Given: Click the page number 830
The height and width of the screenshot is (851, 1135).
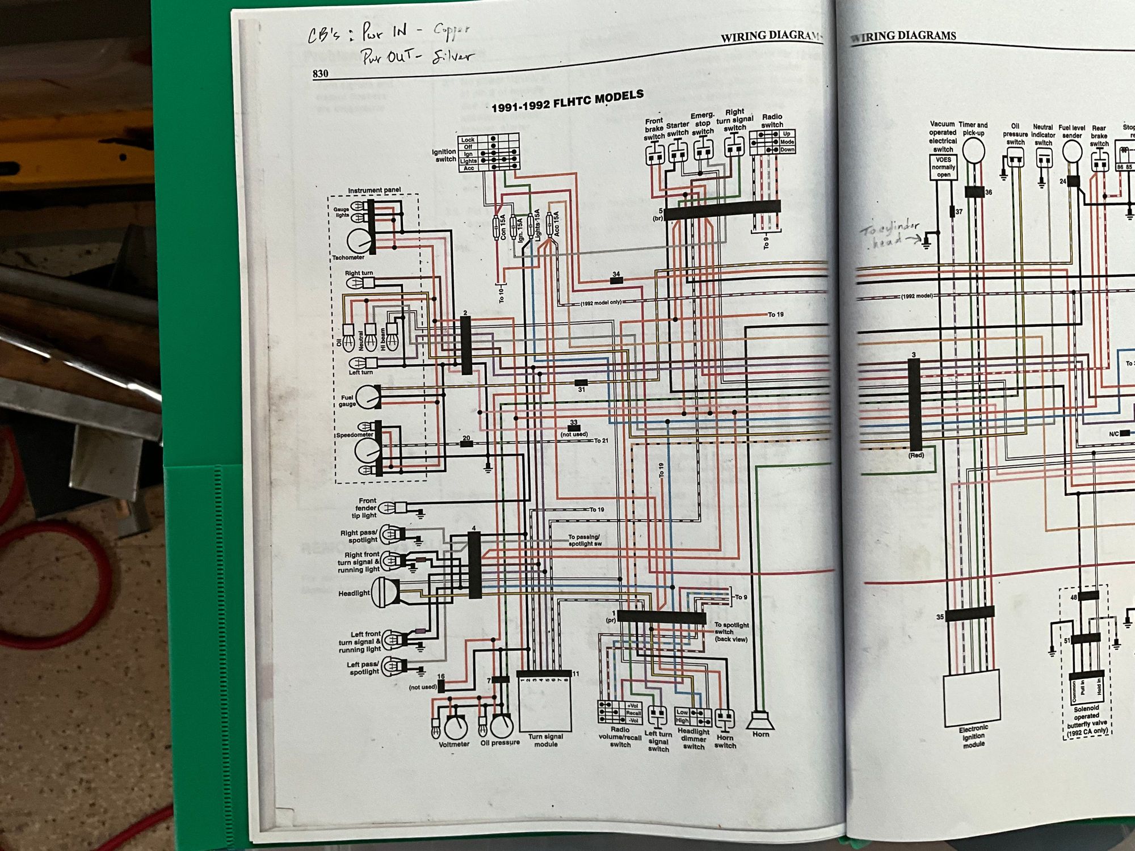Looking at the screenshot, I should pyautogui.click(x=320, y=74).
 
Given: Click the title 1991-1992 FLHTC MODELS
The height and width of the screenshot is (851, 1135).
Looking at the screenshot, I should pyautogui.click(x=567, y=102).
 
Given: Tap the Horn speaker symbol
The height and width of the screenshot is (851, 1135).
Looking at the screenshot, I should pyautogui.click(x=760, y=722).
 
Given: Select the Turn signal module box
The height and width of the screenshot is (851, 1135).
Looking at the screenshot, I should pyautogui.click(x=545, y=703).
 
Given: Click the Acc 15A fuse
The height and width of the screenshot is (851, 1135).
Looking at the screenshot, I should pyautogui.click(x=549, y=224).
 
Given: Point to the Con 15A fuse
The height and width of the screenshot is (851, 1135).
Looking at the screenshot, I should pyautogui.click(x=500, y=227).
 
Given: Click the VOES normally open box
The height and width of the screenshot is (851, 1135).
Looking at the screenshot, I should pyautogui.click(x=943, y=167).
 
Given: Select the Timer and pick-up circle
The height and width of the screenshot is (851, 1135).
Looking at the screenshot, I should pyautogui.click(x=973, y=151).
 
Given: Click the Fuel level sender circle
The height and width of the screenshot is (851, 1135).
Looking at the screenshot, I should pyautogui.click(x=1071, y=151).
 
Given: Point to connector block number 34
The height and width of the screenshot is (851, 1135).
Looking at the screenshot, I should pyautogui.click(x=616, y=280).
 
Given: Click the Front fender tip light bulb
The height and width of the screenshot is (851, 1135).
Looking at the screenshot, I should pyautogui.click(x=387, y=507).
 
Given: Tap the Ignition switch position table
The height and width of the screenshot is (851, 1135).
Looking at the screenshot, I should pyautogui.click(x=489, y=153).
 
